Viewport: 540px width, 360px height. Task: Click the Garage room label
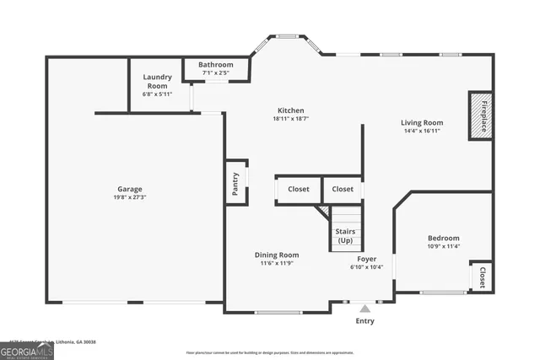(129, 189)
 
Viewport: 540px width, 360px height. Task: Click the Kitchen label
(291, 110)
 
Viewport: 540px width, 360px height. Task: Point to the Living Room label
(421, 122)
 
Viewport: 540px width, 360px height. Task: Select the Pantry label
(236, 182)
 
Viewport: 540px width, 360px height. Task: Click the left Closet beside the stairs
(298, 189)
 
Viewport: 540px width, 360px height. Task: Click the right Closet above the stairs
(343, 189)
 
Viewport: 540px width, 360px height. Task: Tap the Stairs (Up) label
(345, 235)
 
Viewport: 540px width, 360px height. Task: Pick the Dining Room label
(277, 255)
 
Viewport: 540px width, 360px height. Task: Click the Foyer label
(366, 259)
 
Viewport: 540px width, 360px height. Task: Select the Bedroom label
(443, 238)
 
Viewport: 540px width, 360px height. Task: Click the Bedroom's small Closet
(482, 276)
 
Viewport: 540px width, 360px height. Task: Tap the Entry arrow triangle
(364, 309)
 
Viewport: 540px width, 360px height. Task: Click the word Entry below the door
(364, 321)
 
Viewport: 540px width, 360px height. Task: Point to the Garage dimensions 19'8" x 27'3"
(129, 197)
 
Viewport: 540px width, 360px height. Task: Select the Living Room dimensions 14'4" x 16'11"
(421, 131)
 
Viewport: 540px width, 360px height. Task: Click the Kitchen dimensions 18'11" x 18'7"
(291, 119)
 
